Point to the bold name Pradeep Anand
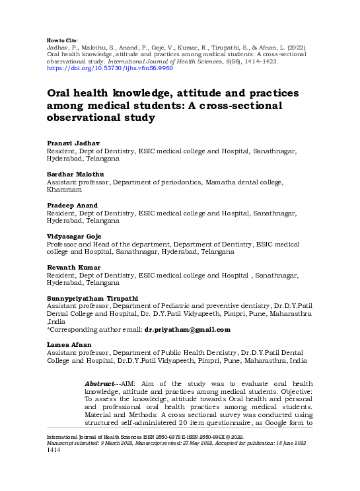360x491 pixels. (72, 205)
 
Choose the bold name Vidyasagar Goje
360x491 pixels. (74, 236)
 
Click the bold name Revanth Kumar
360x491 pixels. (73, 266)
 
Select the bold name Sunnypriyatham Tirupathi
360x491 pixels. (92, 298)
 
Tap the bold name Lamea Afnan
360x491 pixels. (68, 345)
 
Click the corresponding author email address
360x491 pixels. (188, 329)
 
